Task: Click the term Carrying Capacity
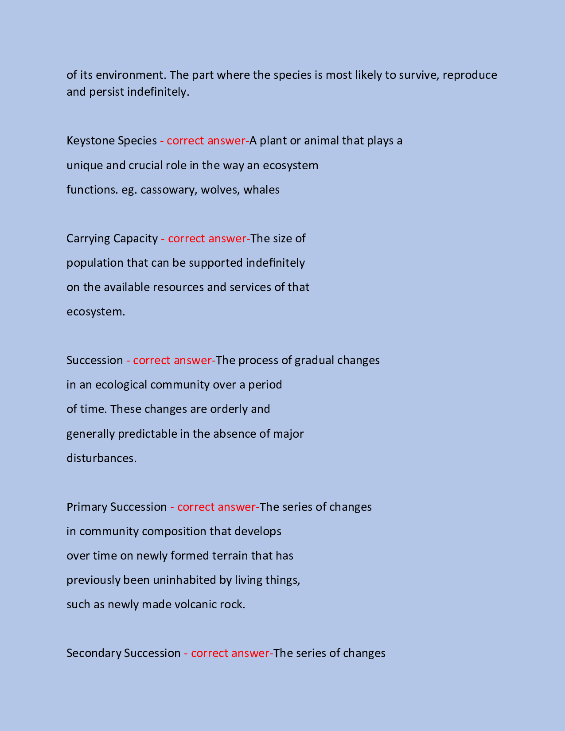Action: pos(112,239)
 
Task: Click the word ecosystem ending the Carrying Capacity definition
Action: pos(96,312)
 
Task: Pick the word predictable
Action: pos(148,434)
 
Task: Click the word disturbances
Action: pos(101,458)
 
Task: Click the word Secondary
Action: pos(94,653)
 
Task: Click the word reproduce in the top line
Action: pos(470,75)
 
